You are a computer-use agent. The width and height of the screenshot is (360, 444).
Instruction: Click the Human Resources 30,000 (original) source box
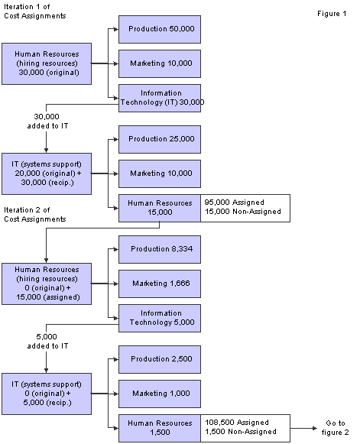[47, 63]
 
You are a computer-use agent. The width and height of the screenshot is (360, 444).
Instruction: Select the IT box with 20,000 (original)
[47, 173]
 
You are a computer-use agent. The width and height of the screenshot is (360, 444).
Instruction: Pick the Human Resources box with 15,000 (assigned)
[47, 284]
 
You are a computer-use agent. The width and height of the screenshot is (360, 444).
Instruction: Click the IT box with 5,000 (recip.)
[47, 393]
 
